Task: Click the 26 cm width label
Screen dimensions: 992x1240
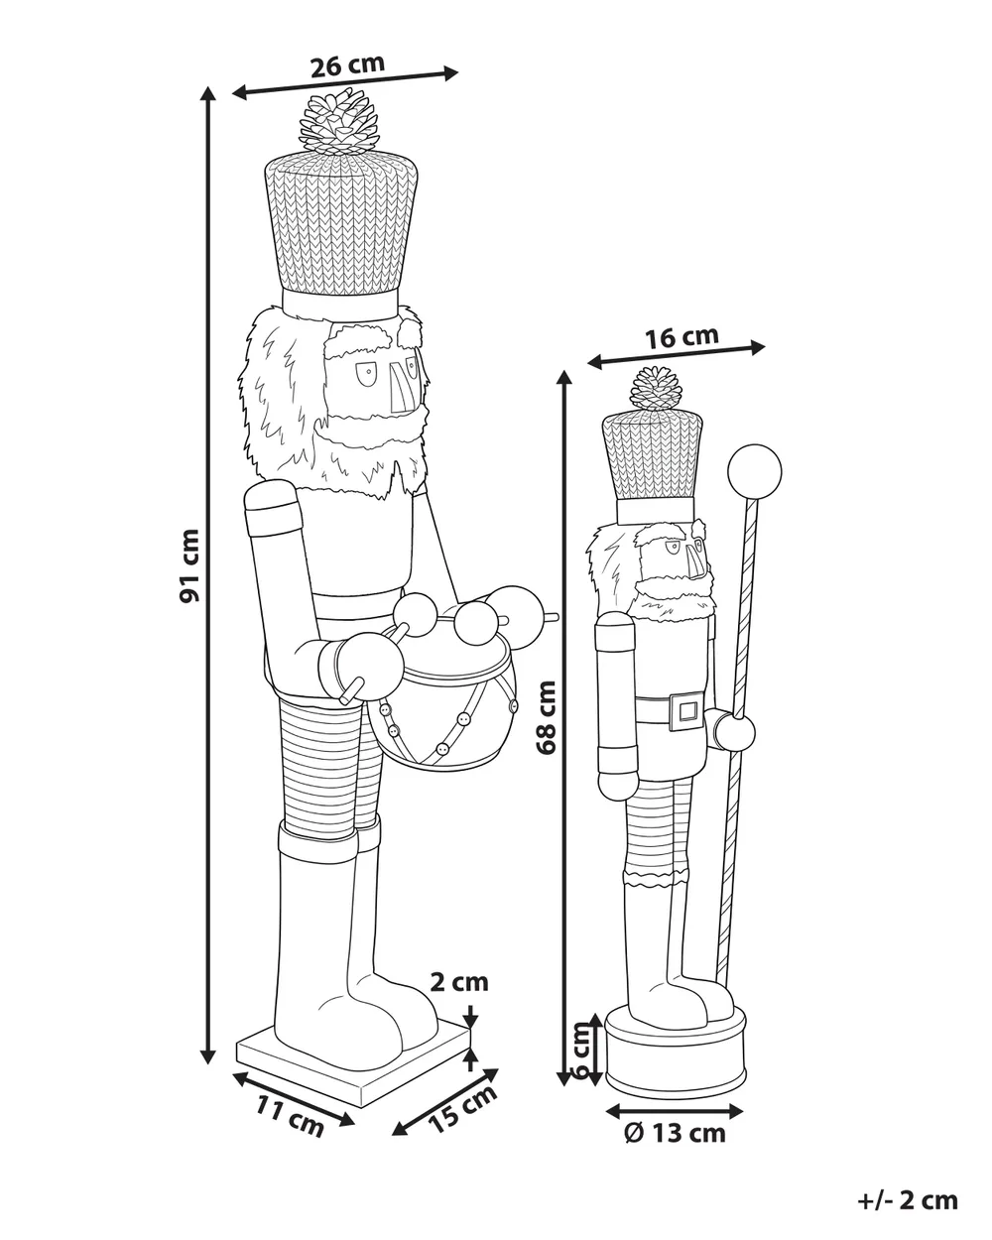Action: point(347,65)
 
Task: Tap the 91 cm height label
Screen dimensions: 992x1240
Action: point(189,565)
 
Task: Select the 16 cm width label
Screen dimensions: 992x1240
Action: point(681,338)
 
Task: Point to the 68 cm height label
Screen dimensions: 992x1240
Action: point(546,718)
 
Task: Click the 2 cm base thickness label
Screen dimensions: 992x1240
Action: point(459,982)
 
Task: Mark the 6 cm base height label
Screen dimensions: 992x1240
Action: point(584,1050)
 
